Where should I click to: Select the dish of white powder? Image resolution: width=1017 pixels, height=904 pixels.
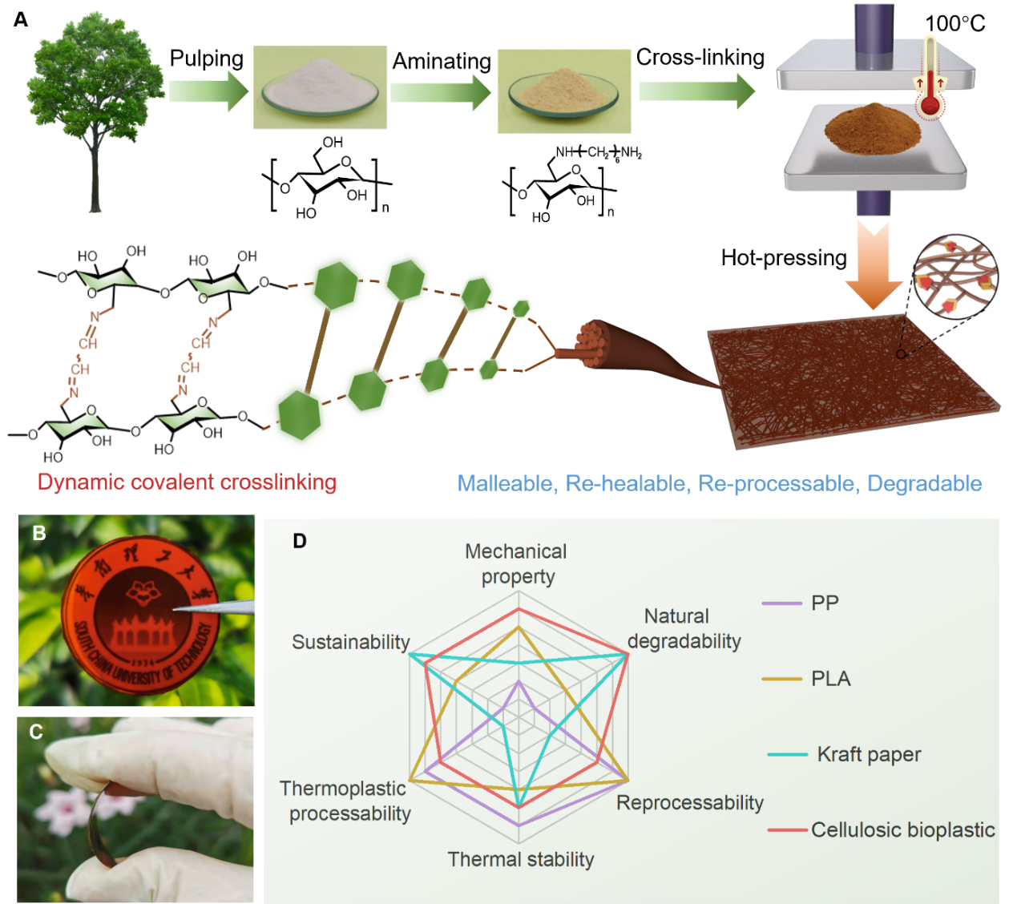[x=320, y=88]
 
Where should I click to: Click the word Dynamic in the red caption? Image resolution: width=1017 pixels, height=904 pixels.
[x=81, y=482]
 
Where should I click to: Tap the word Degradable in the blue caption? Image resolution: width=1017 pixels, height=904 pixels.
[x=924, y=484]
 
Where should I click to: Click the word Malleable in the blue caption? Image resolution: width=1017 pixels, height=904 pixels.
[x=505, y=484]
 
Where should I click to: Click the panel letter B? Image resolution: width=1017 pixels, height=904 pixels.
[x=38, y=534]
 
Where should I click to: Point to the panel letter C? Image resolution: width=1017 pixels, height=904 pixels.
[x=36, y=732]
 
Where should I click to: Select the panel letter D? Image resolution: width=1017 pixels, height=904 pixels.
[x=300, y=542]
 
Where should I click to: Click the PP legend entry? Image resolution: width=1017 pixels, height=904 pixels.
[x=825, y=603]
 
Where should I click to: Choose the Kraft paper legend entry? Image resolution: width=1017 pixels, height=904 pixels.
[x=869, y=754]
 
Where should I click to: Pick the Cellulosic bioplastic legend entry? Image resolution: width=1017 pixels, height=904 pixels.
[x=902, y=829]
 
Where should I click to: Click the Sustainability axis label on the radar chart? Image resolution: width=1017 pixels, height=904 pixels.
[x=350, y=642]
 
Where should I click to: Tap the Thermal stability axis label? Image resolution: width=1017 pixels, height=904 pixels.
[x=521, y=860]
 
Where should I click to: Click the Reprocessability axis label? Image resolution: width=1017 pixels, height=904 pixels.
[x=689, y=803]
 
